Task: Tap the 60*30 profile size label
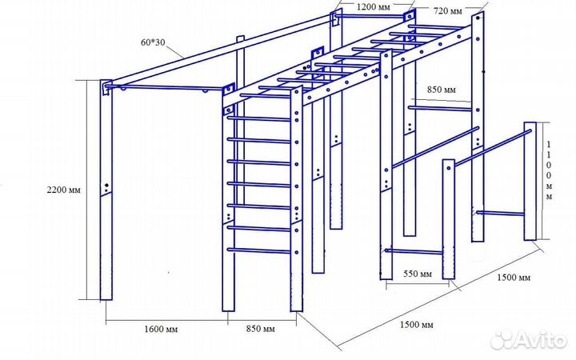(x=152, y=42)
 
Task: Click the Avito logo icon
(x=502, y=340)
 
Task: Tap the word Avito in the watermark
(x=541, y=340)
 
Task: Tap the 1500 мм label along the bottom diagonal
(x=416, y=324)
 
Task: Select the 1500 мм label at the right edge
(x=513, y=278)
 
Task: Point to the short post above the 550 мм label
(x=448, y=221)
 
